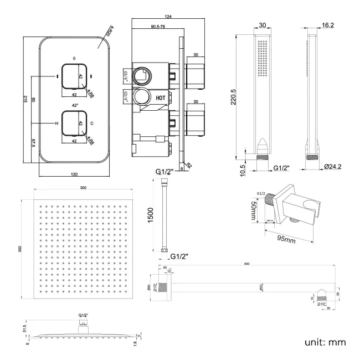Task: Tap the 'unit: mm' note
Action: (x=325, y=342)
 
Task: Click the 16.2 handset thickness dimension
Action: (x=328, y=25)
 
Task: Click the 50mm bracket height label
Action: (x=253, y=209)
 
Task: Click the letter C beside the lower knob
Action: (x=92, y=124)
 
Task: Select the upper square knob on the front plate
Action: (x=74, y=76)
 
